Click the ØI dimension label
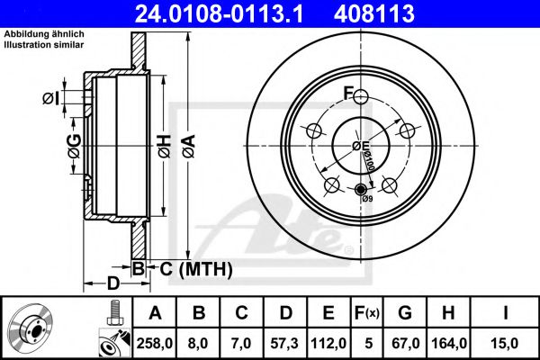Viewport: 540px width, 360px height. [x=51, y=97]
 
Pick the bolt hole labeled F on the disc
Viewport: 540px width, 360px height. [x=360, y=97]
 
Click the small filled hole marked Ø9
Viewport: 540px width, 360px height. [x=361, y=189]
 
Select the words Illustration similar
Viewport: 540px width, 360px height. [x=43, y=43]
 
